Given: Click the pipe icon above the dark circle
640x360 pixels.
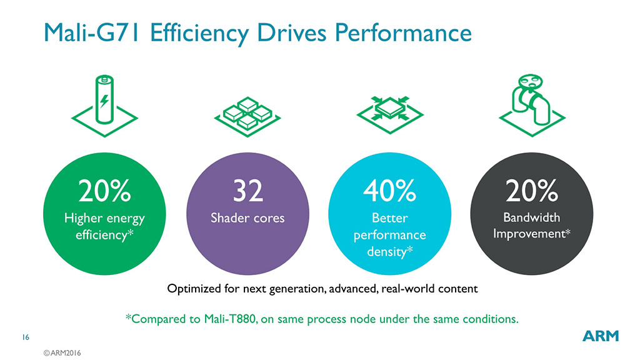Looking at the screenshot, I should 531,103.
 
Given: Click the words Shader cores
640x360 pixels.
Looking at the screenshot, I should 247,219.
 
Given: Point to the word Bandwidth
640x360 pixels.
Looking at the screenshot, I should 532,218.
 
